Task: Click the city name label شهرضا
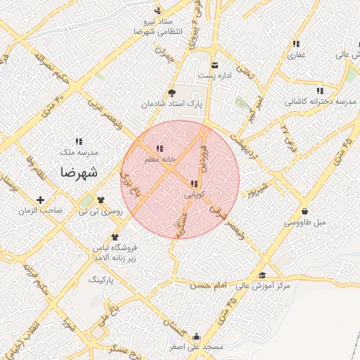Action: (x=79, y=172)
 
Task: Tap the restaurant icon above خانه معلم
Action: (x=160, y=148)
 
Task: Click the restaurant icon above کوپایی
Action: (x=194, y=184)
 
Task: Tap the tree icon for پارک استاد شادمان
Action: (x=172, y=93)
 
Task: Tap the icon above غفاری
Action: (x=296, y=44)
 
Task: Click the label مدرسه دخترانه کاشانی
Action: (x=321, y=102)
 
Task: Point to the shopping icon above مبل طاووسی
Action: (x=304, y=211)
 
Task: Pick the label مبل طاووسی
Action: (x=306, y=222)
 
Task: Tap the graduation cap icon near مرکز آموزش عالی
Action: (x=262, y=275)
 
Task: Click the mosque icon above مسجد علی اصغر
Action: (x=196, y=336)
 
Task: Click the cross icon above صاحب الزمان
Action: (x=40, y=200)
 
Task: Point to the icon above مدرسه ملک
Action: (x=79, y=141)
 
